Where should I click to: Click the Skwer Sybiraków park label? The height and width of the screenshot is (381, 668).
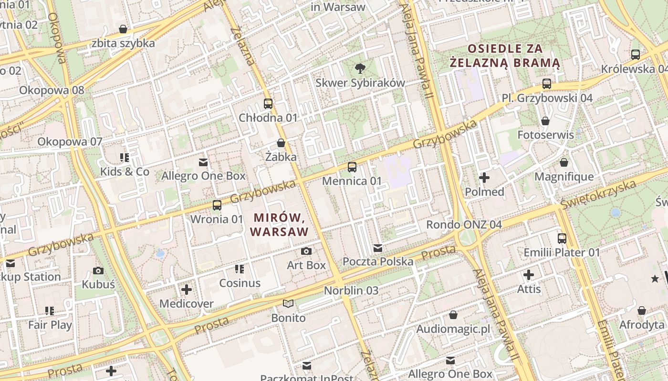tap(360, 82)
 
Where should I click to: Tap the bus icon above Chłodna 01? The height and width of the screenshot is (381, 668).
tap(268, 103)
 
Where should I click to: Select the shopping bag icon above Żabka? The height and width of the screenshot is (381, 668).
tap(281, 143)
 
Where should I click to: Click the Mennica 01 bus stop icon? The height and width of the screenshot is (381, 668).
tap(352, 167)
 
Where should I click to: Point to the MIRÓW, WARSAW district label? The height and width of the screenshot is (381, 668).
tap(279, 225)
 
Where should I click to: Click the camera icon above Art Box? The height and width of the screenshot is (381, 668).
tap(306, 251)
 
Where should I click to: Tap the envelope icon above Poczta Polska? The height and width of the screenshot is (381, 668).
tap(378, 248)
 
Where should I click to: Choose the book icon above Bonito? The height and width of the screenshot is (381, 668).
tap(288, 303)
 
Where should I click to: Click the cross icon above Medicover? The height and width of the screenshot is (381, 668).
tap(187, 289)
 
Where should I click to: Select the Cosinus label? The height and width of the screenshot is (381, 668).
tap(240, 283)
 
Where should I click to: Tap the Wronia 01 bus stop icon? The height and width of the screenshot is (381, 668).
tap(217, 205)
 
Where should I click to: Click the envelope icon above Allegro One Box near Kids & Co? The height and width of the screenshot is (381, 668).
tap(203, 162)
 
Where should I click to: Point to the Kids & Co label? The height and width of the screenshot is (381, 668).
tap(125, 171)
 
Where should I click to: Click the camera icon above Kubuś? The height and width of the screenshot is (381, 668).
tap(98, 271)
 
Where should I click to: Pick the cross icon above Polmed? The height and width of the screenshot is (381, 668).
tap(484, 178)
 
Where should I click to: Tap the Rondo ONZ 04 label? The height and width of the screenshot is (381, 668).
tap(464, 224)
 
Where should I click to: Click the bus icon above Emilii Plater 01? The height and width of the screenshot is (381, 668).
tap(562, 238)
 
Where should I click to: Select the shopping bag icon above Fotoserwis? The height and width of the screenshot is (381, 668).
tap(545, 121)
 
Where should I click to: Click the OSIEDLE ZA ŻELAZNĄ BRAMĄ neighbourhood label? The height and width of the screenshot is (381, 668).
tap(505, 55)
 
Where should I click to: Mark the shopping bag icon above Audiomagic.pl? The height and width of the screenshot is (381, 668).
tap(453, 315)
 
